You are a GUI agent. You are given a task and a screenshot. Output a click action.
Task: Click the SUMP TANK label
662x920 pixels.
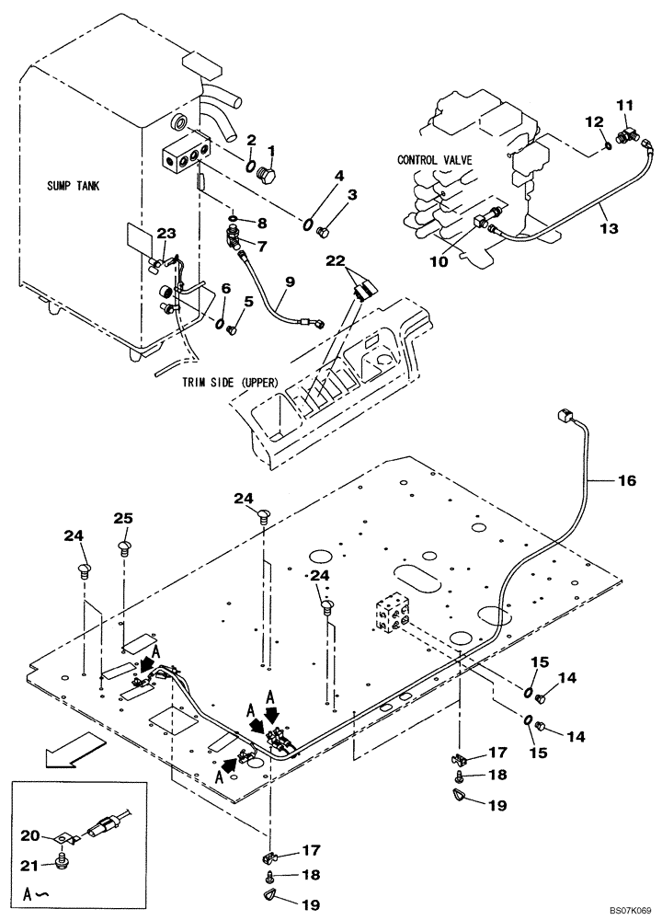click(73, 186)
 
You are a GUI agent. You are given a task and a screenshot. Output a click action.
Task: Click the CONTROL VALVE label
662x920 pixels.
click(434, 160)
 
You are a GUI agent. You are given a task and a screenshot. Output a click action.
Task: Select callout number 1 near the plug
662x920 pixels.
click(271, 150)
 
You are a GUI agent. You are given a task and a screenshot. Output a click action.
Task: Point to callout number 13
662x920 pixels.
click(604, 209)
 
